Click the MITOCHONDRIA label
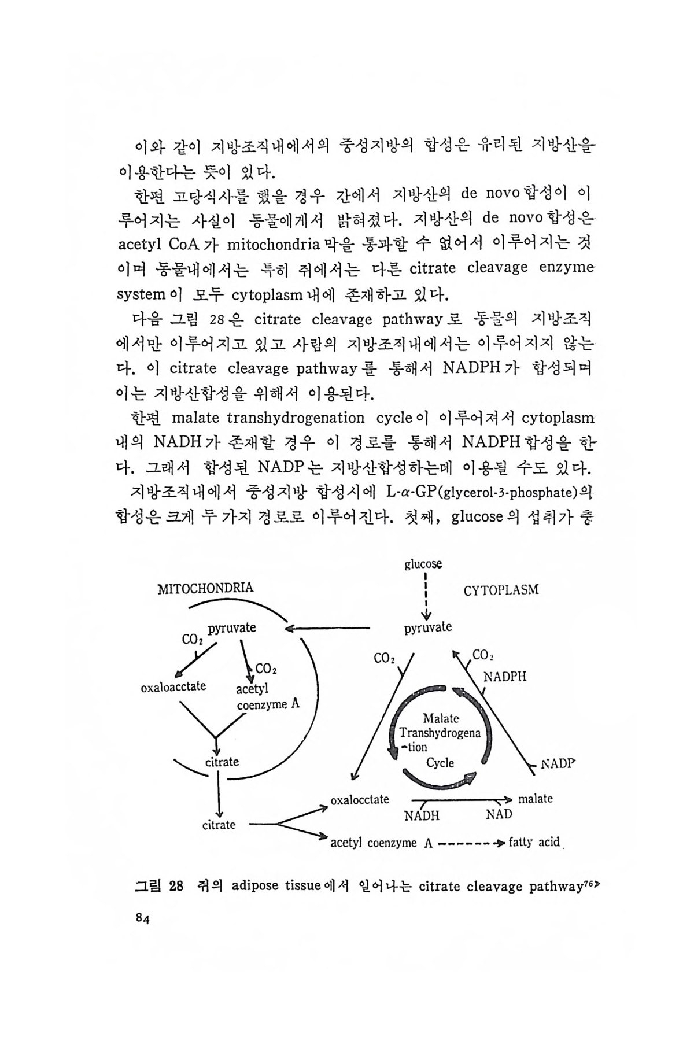[205, 588]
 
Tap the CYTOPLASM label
[501, 590]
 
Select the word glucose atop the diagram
[423, 563]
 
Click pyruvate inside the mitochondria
[232, 627]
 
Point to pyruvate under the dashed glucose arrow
[428, 627]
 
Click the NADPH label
[505, 677]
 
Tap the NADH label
[422, 815]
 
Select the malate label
[535, 799]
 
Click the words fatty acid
[534, 842]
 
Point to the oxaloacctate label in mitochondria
[173, 686]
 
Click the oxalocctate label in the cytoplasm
[360, 799]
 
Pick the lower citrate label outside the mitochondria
[219, 825]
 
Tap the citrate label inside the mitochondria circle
[222, 762]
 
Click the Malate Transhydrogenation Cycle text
[440, 740]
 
